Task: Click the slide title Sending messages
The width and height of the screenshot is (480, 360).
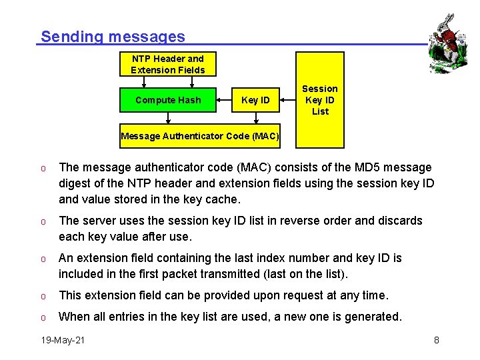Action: tap(113, 37)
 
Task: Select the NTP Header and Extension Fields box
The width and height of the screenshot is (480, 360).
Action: tap(168, 64)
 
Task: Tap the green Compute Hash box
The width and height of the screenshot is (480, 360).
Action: tap(168, 100)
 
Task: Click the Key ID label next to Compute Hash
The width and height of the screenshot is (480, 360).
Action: tap(255, 100)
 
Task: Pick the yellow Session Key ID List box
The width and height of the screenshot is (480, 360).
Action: tap(320, 100)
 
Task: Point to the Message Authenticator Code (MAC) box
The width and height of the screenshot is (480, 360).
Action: tap(200, 136)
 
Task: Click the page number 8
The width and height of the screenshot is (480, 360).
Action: tap(436, 340)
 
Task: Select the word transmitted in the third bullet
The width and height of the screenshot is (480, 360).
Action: tap(252, 274)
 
